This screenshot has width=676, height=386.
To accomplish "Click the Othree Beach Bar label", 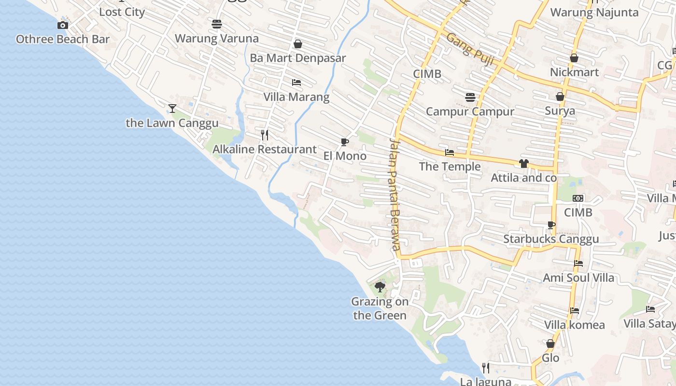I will click(63, 39).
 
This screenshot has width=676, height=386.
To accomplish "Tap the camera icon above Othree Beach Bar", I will click(62, 25).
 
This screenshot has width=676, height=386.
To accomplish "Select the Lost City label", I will click(122, 12).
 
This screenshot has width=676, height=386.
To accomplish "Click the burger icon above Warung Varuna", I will click(216, 24).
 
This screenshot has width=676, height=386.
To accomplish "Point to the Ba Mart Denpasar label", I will click(298, 58).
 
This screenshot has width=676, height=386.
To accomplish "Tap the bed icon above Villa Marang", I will click(296, 83).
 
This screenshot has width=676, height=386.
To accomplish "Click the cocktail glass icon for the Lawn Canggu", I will click(172, 108).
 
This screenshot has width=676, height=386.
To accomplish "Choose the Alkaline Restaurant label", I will click(265, 150).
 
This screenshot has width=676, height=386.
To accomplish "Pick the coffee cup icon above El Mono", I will click(344, 142).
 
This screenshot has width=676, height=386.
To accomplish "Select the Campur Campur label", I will click(470, 112).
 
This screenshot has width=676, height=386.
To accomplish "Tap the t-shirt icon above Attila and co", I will click(524, 164).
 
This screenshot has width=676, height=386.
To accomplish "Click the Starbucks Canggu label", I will click(551, 239).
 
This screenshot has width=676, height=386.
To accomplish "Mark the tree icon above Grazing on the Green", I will click(380, 287).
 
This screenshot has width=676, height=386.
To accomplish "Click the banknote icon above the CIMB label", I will click(578, 198).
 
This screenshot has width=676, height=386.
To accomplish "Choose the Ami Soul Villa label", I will click(578, 278).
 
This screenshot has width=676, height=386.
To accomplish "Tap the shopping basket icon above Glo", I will click(550, 344).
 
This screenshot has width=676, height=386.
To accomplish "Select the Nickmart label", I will click(574, 72).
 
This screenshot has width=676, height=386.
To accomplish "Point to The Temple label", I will click(450, 167).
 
